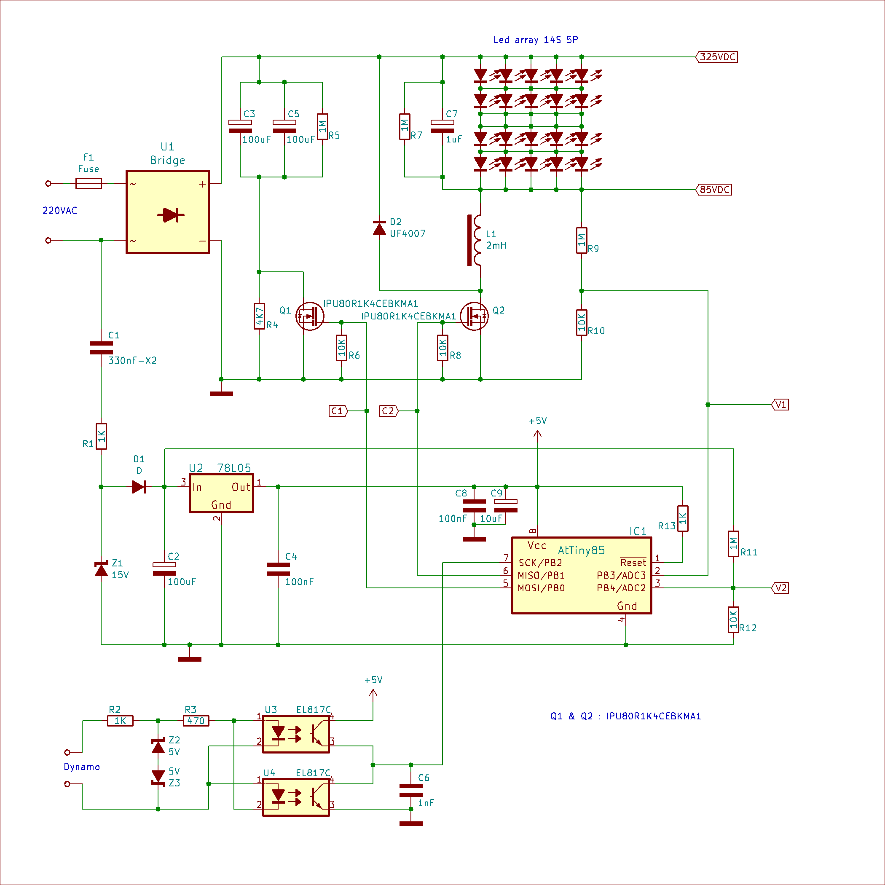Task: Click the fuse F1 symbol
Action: click(88, 184)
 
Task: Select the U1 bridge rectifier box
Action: click(168, 212)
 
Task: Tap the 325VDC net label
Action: click(717, 57)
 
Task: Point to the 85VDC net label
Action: click(713, 190)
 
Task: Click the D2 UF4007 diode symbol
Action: click(379, 228)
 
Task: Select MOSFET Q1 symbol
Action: click(310, 316)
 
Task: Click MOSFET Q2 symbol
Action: click(475, 316)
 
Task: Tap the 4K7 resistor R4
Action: click(259, 316)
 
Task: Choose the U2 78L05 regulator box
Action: click(221, 493)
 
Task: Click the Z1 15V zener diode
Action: click(101, 569)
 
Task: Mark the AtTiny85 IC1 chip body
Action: click(582, 575)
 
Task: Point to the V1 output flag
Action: click(780, 405)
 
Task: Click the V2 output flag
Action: click(780, 588)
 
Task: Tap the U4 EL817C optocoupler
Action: click(296, 797)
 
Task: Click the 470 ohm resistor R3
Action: click(196, 721)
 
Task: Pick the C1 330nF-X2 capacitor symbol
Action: click(101, 348)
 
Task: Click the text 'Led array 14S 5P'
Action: click(536, 40)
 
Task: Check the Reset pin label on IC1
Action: click(633, 562)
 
